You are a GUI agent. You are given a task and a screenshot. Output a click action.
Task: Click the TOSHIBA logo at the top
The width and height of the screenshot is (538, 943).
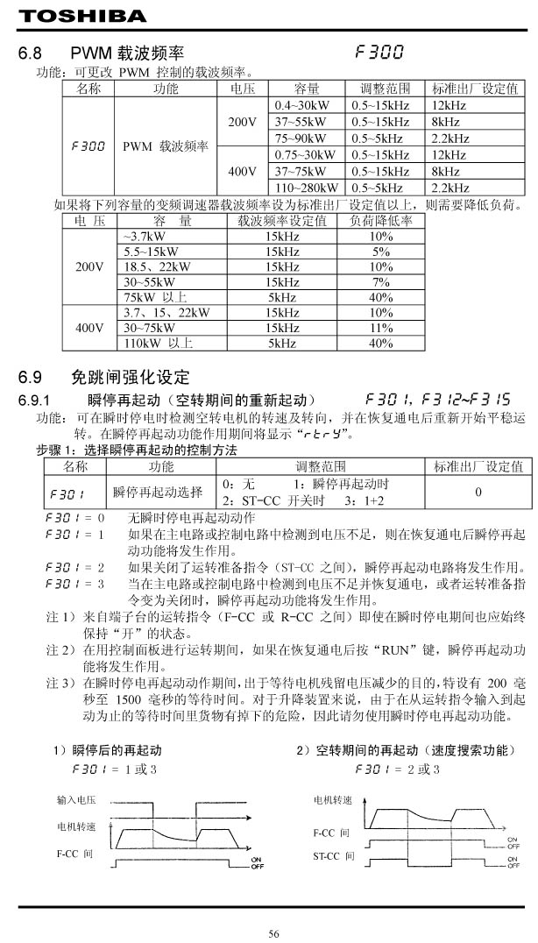pyautogui.click(x=71, y=15)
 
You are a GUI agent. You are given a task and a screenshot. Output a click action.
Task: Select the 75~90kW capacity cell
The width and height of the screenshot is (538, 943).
pyautogui.click(x=301, y=138)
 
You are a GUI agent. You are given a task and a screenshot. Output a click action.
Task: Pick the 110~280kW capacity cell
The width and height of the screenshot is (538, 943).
pyautogui.click(x=307, y=188)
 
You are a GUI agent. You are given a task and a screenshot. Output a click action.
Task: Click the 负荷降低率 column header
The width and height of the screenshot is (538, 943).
pyautogui.click(x=381, y=221)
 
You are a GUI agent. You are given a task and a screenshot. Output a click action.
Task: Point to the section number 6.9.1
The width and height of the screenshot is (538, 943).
pyautogui.click(x=37, y=401)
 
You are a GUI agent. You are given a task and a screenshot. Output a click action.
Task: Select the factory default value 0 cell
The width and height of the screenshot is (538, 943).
pyautogui.click(x=478, y=492)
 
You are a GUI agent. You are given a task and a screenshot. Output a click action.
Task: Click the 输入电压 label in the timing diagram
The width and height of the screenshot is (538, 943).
pyautogui.click(x=76, y=800)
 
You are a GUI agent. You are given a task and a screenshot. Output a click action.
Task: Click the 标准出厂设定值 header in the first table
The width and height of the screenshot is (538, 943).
pyautogui.click(x=476, y=89)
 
